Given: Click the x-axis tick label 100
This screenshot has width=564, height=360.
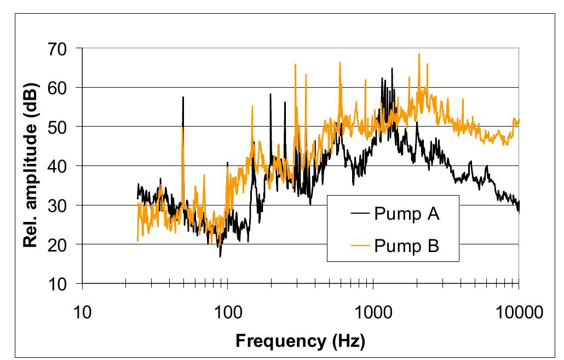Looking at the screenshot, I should point(227,313).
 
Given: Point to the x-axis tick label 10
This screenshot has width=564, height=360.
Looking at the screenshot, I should point(82,313).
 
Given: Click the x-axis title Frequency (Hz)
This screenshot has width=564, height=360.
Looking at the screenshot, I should point(300,341).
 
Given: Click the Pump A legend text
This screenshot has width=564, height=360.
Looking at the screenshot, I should point(407,213).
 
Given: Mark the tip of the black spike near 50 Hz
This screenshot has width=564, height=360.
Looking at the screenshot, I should point(183,97).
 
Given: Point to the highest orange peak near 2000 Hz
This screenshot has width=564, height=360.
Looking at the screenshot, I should point(419,54).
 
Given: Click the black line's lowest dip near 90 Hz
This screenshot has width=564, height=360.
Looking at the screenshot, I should point(220,256).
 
